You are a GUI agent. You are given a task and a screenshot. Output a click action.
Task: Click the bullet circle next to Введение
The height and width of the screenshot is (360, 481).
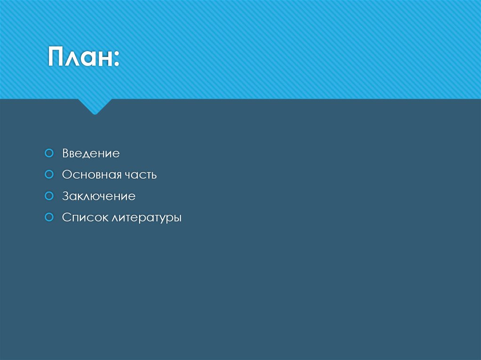[x=48, y=153]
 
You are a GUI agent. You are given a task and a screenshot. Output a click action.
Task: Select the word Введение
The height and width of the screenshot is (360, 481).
[x=91, y=153]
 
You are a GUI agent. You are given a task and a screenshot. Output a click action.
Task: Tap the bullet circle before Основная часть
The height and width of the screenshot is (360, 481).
[x=48, y=175]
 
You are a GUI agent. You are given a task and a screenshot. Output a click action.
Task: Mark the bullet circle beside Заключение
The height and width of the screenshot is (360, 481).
[x=48, y=196]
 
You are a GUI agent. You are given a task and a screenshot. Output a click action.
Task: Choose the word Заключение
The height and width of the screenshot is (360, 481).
[x=99, y=196]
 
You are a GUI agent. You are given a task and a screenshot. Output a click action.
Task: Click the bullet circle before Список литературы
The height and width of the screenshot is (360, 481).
[x=48, y=217]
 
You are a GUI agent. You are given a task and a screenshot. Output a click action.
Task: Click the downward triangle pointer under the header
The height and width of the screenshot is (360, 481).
[x=94, y=107]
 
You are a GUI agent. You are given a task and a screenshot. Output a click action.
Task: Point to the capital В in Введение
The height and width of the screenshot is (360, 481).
[x=65, y=153]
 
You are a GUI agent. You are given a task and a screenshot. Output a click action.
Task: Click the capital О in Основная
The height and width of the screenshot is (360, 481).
[x=66, y=175]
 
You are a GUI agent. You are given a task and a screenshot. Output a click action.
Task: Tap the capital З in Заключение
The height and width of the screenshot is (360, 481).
[x=65, y=196]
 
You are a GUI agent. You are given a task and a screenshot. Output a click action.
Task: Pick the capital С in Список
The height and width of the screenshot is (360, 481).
[x=66, y=218]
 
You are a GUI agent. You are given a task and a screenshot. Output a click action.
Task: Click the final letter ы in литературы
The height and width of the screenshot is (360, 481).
[x=177, y=219]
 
